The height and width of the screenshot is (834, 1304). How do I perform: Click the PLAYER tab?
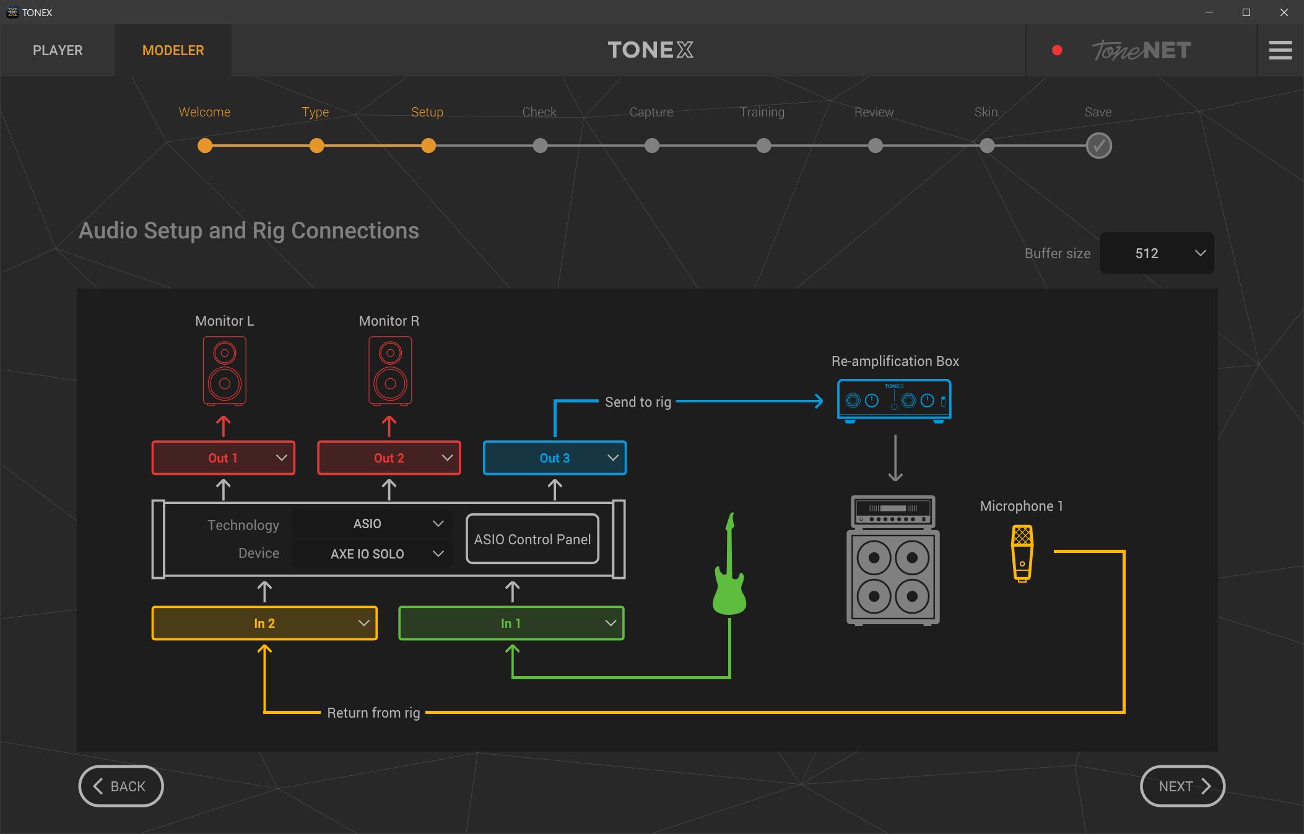(58, 50)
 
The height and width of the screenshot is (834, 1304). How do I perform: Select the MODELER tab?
(173, 50)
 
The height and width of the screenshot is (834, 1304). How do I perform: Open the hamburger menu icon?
(1280, 50)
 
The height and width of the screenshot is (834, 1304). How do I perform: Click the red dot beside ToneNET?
(1057, 50)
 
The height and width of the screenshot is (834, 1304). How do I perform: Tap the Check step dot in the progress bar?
(540, 146)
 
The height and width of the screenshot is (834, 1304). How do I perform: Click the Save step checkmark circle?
(1098, 146)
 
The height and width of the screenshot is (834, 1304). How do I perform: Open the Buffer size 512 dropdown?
(1157, 253)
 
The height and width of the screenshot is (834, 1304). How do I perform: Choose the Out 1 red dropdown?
(224, 458)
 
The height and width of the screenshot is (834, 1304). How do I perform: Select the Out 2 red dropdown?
(389, 458)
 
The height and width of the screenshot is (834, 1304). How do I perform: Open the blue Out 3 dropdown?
(554, 458)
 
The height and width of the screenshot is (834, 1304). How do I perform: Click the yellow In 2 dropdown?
(264, 623)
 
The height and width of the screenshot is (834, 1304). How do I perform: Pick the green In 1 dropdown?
(511, 623)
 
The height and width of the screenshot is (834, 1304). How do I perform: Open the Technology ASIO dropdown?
(372, 524)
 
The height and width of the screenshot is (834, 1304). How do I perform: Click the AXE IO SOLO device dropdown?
(372, 554)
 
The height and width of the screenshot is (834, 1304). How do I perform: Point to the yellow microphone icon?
(1022, 553)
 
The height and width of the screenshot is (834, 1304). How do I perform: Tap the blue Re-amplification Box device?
(894, 401)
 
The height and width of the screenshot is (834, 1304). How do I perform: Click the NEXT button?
(1182, 786)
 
